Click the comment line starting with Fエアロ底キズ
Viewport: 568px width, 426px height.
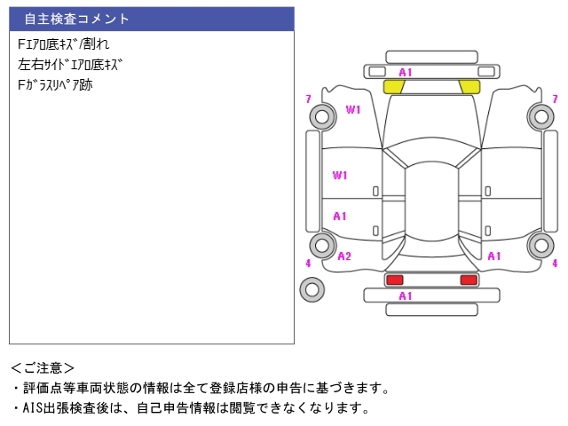[64, 43]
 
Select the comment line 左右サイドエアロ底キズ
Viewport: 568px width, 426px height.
[70, 65]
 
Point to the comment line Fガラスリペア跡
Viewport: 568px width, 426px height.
[55, 86]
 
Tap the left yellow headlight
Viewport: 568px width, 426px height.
[394, 86]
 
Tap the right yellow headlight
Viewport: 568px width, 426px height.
[469, 86]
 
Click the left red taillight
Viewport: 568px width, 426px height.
[393, 280]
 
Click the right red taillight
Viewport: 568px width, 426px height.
[469, 280]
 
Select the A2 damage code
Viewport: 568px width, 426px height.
[344, 256]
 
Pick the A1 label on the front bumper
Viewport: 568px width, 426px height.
[406, 72]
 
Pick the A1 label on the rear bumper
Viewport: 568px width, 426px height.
[406, 296]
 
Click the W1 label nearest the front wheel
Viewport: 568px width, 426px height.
[353, 110]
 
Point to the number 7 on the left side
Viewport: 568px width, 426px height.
[308, 99]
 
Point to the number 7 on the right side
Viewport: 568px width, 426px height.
[555, 99]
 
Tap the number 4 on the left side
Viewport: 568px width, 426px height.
[308, 264]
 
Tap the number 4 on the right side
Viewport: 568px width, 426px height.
[555, 264]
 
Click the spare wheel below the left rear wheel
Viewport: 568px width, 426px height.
[312, 289]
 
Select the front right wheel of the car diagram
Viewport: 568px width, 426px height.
[540, 115]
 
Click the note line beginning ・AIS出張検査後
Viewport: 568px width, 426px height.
[190, 408]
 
